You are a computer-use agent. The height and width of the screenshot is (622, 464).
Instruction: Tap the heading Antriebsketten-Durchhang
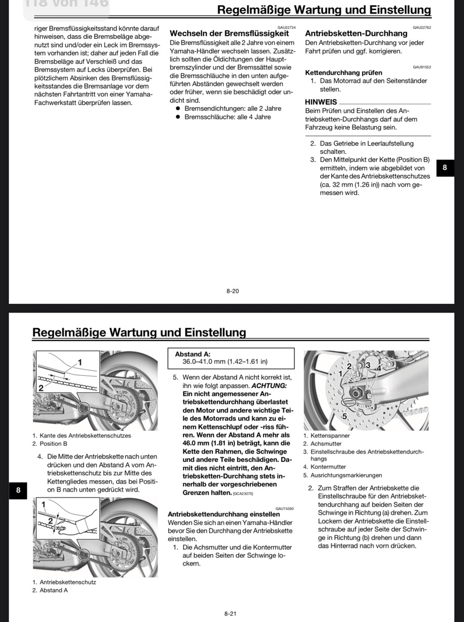pyautogui.click(x=356, y=33)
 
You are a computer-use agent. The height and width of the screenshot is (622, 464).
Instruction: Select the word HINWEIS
pyautogui.click(x=321, y=102)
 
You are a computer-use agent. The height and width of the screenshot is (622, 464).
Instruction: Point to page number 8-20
pyautogui.click(x=233, y=291)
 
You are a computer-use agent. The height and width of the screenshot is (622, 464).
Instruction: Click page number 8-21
pyautogui.click(x=231, y=614)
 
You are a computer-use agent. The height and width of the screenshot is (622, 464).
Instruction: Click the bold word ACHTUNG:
pyautogui.click(x=268, y=386)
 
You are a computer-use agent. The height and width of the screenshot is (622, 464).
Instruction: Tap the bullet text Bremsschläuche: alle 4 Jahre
pyautogui.click(x=227, y=117)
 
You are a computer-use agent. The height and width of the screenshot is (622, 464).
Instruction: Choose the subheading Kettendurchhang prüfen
pyautogui.click(x=344, y=73)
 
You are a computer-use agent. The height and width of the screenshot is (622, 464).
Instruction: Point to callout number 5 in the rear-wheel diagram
pyautogui.click(x=344, y=416)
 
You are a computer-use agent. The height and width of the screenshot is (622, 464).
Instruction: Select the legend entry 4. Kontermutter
pyautogui.click(x=324, y=466)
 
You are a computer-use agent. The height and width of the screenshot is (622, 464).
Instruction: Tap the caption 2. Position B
pyautogui.click(x=50, y=444)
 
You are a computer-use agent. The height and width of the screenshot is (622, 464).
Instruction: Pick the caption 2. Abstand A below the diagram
pyautogui.click(x=50, y=590)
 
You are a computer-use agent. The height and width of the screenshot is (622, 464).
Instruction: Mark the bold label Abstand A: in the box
pyautogui.click(x=193, y=354)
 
